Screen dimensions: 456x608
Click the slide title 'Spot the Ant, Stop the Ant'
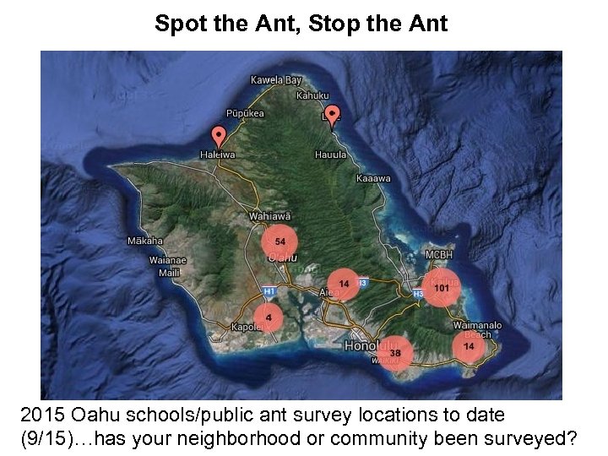pos(301,24)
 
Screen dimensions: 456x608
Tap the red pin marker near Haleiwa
pos(219,135)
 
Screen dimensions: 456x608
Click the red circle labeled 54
pos(280,242)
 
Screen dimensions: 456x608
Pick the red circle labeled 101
pos(441,288)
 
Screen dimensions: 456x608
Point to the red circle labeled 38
pos(394,352)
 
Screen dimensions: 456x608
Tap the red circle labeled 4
pos(269,318)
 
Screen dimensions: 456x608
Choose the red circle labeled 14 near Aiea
pos(344,284)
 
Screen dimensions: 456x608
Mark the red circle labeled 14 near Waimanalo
pos(468,346)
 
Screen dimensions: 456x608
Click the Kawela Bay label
pos(275,80)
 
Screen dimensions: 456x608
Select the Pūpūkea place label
pos(245,113)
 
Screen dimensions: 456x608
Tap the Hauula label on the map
pos(330,155)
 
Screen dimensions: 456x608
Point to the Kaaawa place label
pos(373,178)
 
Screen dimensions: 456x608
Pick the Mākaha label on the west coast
pos(144,241)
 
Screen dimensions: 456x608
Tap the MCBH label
pos(439,254)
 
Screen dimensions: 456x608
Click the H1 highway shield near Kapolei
pos(269,291)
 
